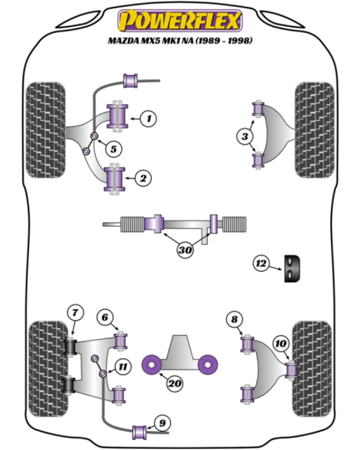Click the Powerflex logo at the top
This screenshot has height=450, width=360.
(180, 21)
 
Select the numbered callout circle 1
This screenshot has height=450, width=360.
(149, 118)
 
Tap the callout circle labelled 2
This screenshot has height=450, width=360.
(143, 178)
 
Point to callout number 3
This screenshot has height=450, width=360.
(245, 136)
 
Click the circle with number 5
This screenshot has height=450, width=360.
(113, 149)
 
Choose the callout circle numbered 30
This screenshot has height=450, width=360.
(185, 249)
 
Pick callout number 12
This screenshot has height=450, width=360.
(261, 263)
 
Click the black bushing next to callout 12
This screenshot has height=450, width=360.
(292, 268)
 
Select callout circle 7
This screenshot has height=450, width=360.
(75, 312)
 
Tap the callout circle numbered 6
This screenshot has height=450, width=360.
(105, 317)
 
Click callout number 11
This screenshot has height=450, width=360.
(123, 367)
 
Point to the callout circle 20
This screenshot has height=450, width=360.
(175, 383)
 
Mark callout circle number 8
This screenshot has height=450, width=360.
(234, 319)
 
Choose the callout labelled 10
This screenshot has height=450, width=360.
(280, 343)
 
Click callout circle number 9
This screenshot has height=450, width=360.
(162, 422)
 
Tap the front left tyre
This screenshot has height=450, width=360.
(46, 130)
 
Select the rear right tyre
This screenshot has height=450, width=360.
(312, 369)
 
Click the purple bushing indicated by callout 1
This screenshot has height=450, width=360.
(117, 116)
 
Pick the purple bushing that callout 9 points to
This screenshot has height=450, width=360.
(139, 432)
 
